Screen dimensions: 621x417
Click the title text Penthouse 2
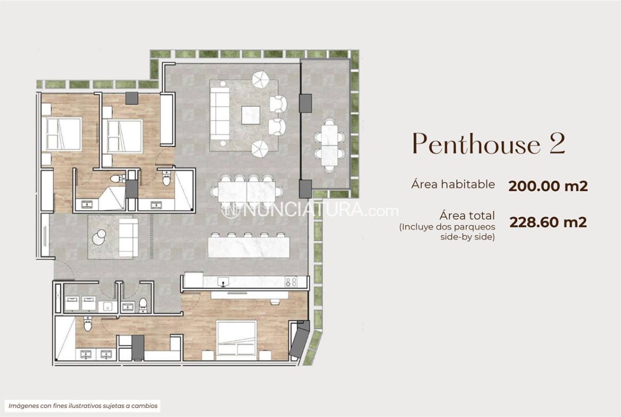point(489,143)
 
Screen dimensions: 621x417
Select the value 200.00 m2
point(548,185)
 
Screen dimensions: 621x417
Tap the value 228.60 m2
point(548,222)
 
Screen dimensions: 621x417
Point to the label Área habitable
point(453,184)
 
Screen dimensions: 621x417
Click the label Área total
point(467,216)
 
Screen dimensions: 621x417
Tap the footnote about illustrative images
point(83,405)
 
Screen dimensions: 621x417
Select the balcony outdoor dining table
point(330,145)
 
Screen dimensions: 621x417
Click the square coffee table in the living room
point(251,115)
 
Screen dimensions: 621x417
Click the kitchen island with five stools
point(249,246)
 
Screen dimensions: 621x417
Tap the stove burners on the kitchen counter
point(291,282)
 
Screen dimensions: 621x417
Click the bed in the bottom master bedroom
point(236,338)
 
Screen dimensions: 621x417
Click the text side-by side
point(467,237)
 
